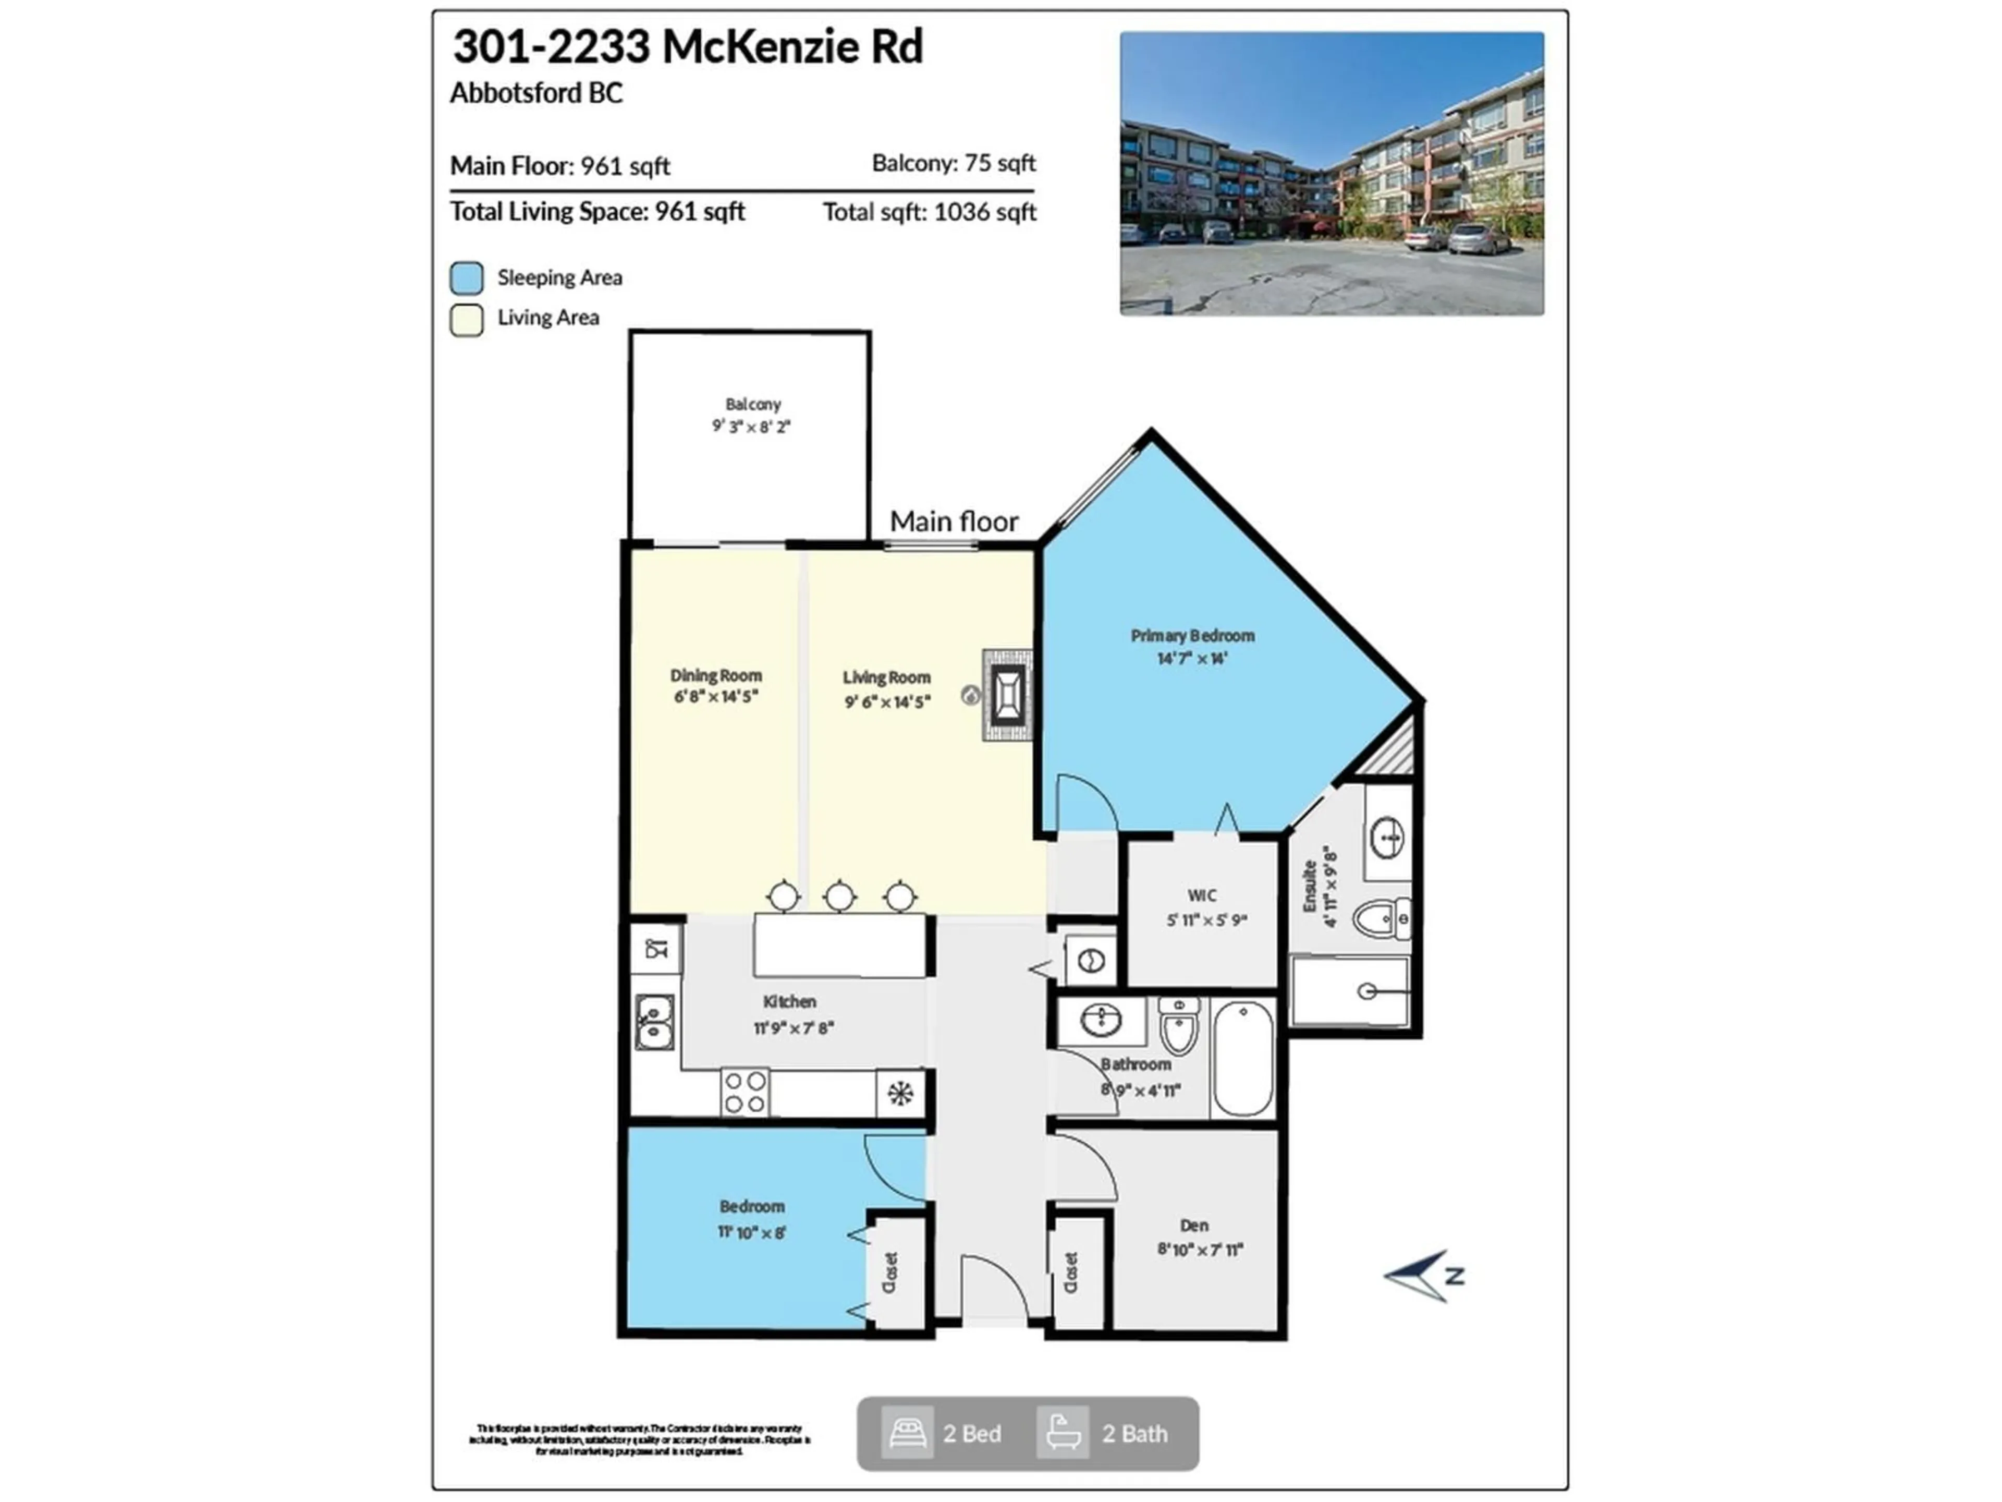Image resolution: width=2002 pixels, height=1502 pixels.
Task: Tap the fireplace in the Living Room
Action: click(1007, 695)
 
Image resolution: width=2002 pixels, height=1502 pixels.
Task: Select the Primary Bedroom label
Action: click(1192, 636)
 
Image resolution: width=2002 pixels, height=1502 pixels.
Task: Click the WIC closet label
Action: click(1202, 895)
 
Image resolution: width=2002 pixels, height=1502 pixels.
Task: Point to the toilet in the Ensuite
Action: click(1380, 920)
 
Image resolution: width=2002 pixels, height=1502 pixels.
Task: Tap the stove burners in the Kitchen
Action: click(745, 1092)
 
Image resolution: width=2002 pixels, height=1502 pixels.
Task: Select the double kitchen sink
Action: click(653, 1021)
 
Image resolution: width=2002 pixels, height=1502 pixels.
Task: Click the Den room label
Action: click(1194, 1225)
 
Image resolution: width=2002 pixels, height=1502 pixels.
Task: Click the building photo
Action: click(1332, 174)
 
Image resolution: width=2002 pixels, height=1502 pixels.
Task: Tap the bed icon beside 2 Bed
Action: click(907, 1433)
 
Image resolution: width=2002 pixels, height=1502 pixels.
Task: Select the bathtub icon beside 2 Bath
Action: click(1063, 1433)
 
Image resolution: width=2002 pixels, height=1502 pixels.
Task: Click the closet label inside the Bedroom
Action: click(889, 1272)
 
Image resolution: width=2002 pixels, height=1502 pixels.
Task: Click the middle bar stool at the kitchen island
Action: click(840, 897)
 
